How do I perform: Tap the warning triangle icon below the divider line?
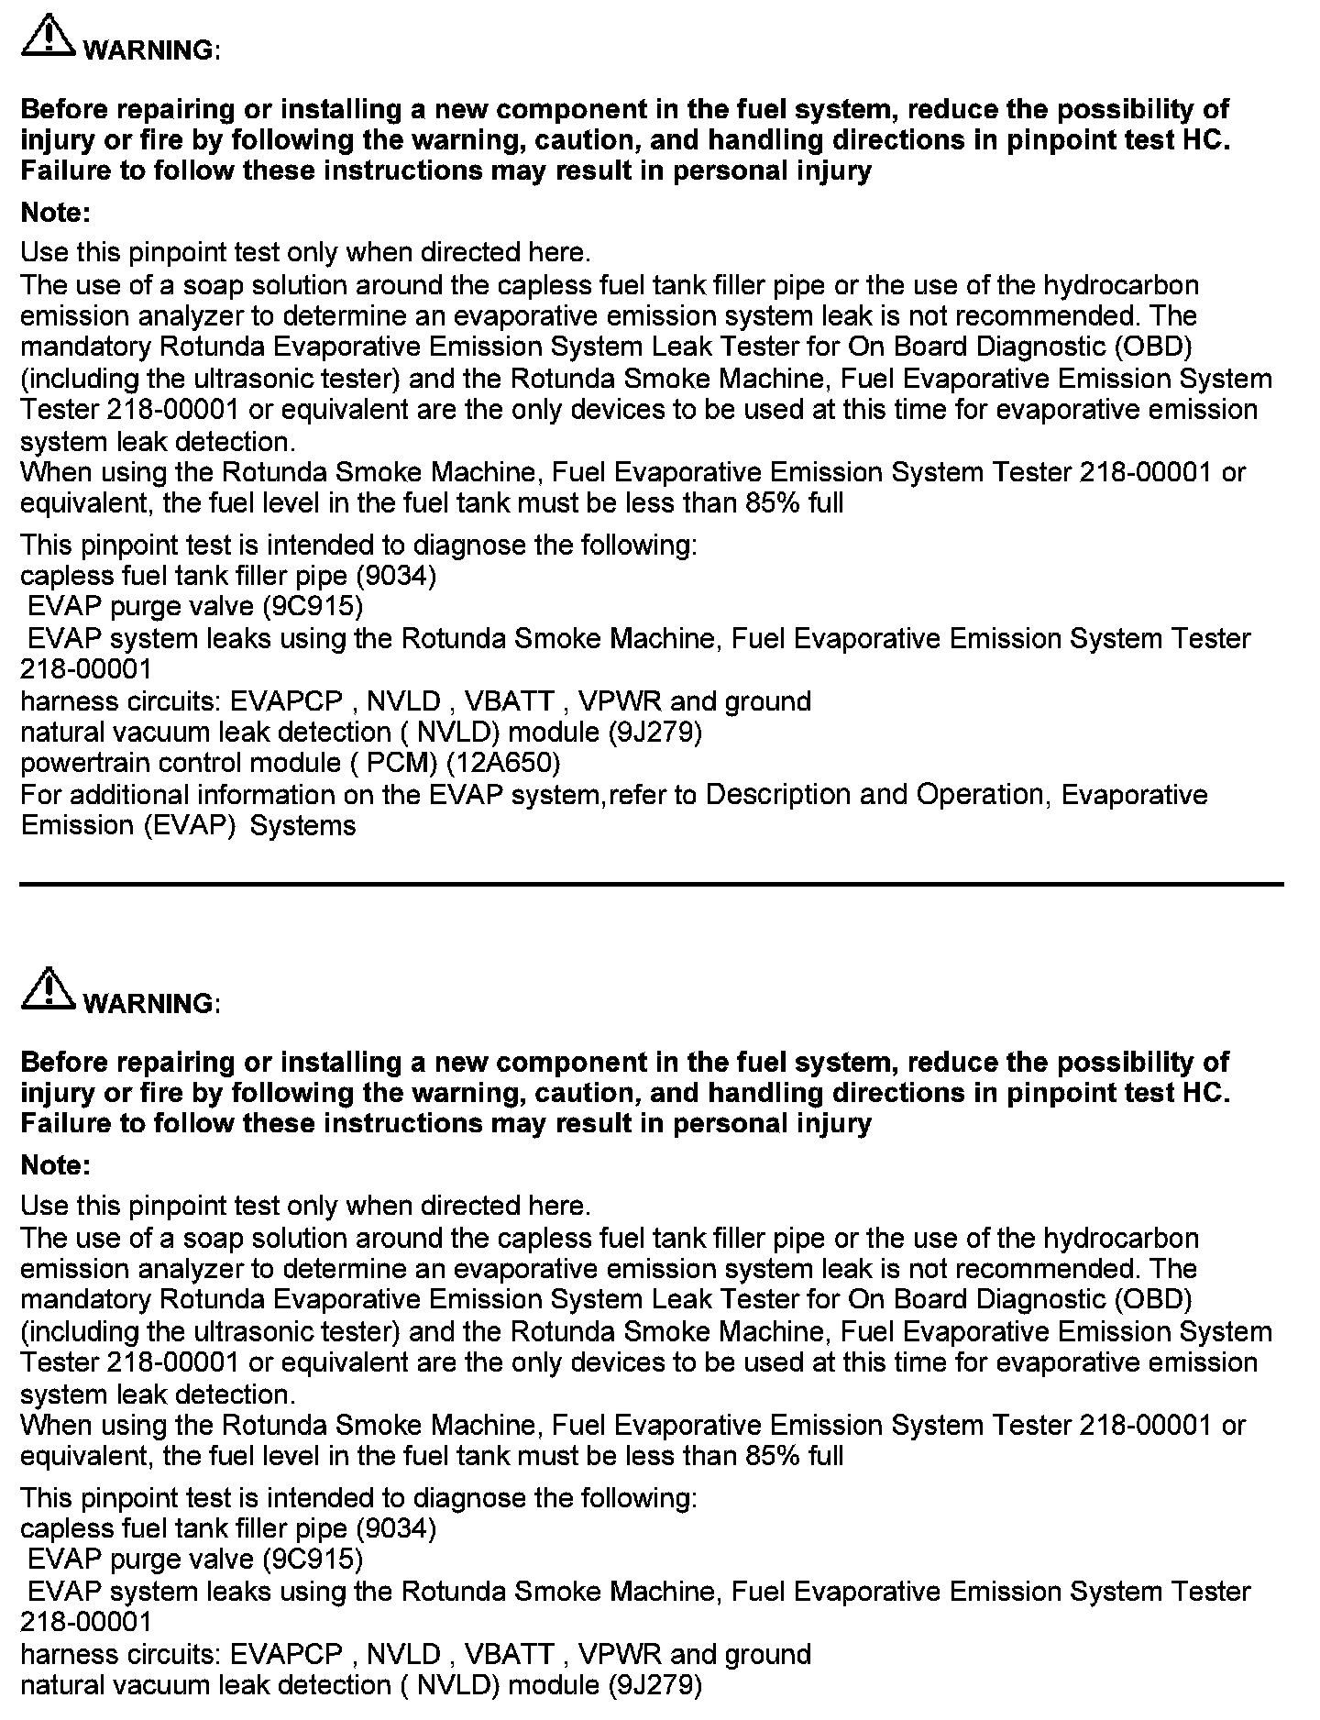coord(47,991)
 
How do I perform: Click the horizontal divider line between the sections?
coord(651,884)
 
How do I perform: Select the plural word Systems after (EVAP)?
coord(302,825)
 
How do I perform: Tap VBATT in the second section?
coord(509,1654)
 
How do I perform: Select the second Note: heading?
coord(55,1165)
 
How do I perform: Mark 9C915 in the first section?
coord(312,606)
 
